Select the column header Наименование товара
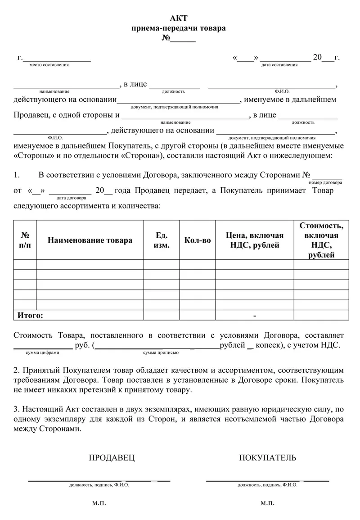coord(90,240)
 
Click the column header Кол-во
coord(198,240)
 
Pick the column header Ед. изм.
coord(162,240)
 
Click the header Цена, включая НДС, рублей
coord(255,240)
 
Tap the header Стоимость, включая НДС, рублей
coord(321,240)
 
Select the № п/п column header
coord(25,240)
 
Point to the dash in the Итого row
coord(255,316)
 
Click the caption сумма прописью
coord(158,353)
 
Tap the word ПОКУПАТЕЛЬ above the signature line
coord(268,458)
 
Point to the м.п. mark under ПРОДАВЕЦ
coord(99,503)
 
